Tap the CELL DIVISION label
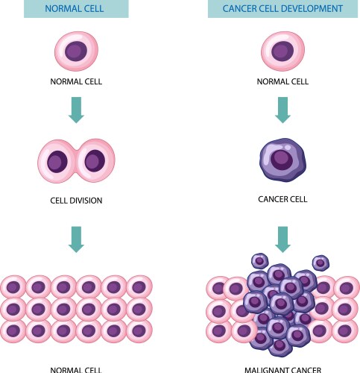(x=75, y=200)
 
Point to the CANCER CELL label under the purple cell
(x=281, y=200)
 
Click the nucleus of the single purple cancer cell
(x=281, y=159)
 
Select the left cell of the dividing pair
(x=57, y=160)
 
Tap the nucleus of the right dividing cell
(x=95, y=160)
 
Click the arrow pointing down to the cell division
(x=76, y=109)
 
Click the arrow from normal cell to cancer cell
(x=281, y=109)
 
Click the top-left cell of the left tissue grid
(x=13, y=286)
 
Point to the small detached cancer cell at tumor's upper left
(x=259, y=261)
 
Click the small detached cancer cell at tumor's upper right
(x=320, y=263)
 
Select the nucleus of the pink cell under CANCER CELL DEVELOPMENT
(x=281, y=51)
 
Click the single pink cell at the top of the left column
(x=76, y=51)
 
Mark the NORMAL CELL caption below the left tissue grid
(x=75, y=368)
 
